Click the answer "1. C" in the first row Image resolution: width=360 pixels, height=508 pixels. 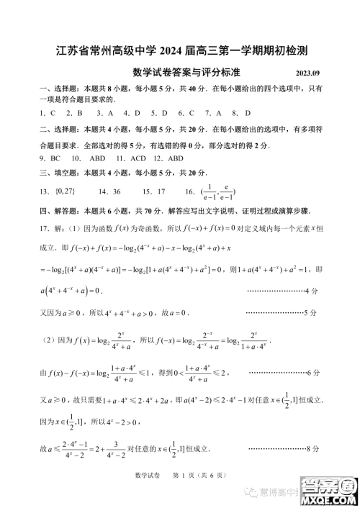click(x=48, y=113)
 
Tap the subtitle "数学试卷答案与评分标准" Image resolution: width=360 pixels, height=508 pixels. click(x=186, y=73)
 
